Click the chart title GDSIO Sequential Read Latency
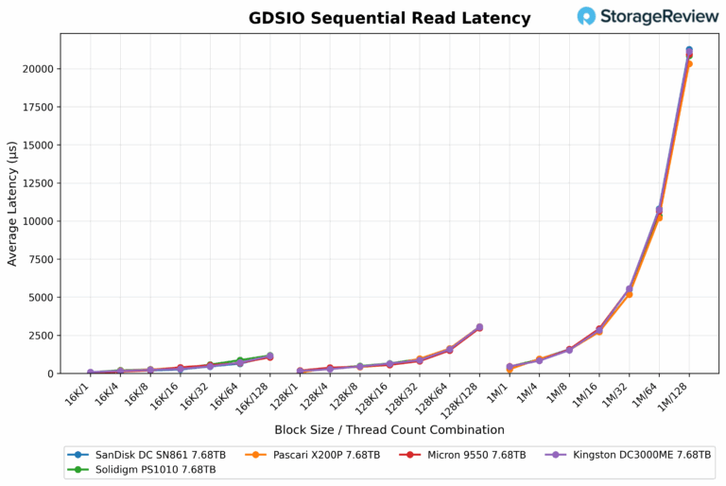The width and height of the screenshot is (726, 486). (389, 18)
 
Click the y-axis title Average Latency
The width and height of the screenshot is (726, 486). (12, 203)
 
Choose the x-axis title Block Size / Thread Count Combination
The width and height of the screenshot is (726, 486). (389, 429)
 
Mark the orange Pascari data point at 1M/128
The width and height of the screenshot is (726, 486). (689, 63)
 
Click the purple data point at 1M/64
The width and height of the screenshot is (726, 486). (659, 210)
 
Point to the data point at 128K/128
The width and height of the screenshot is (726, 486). (479, 327)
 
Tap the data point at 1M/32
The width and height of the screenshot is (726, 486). (629, 289)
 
